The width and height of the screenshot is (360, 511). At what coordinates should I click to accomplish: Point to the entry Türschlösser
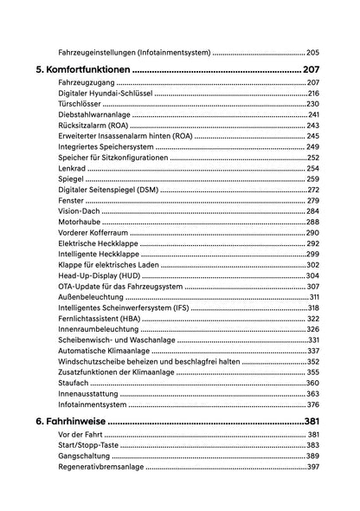80,104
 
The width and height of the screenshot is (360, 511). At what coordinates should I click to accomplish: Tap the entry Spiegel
70,179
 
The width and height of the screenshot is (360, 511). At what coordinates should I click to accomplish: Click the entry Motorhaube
80,222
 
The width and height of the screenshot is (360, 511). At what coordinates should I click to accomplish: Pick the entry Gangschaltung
84,456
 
